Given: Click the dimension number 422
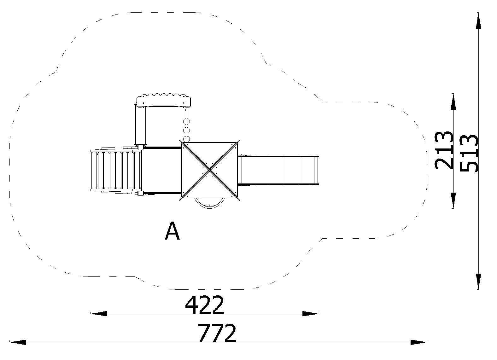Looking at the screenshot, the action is [204, 305].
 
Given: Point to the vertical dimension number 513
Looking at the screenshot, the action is [469, 153].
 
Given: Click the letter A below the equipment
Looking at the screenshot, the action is [172, 231].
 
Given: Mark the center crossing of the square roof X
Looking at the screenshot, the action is [209, 170].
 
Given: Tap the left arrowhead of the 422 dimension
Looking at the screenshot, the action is [99, 314].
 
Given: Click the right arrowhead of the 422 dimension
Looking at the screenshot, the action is [311, 314].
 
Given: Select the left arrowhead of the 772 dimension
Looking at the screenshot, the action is [18, 342].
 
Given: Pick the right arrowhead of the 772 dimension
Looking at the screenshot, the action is [419, 342].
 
